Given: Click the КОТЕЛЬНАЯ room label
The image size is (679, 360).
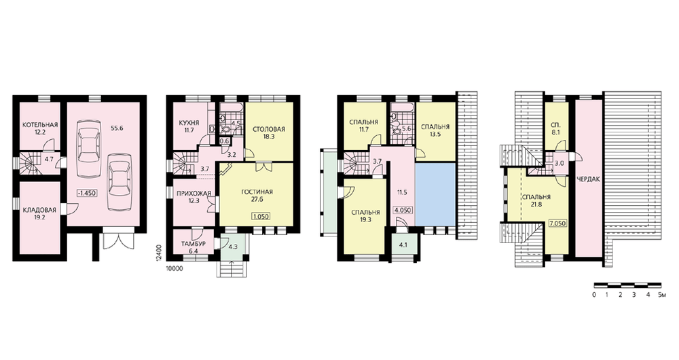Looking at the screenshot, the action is click(x=40, y=126).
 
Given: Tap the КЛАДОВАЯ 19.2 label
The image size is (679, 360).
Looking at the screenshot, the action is click(x=39, y=214).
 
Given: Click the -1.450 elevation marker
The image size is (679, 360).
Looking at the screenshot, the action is click(x=87, y=193).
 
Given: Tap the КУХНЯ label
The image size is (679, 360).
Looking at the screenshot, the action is click(x=189, y=122).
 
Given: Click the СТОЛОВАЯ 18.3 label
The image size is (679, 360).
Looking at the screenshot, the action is click(x=268, y=132).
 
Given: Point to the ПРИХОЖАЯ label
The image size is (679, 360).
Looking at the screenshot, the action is click(x=194, y=193).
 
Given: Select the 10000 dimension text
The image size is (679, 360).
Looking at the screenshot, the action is click(x=175, y=268).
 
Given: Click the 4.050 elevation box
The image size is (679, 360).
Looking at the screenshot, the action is click(x=402, y=210).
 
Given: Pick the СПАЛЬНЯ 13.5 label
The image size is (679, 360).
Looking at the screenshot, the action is click(x=435, y=130).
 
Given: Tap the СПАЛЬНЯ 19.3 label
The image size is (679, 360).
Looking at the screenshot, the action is click(x=366, y=216).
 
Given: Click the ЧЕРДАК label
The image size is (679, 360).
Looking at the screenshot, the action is click(x=589, y=179).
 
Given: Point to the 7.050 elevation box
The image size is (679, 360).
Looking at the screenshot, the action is click(x=557, y=223).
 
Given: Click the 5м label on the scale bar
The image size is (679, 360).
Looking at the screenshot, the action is click(x=661, y=295).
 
